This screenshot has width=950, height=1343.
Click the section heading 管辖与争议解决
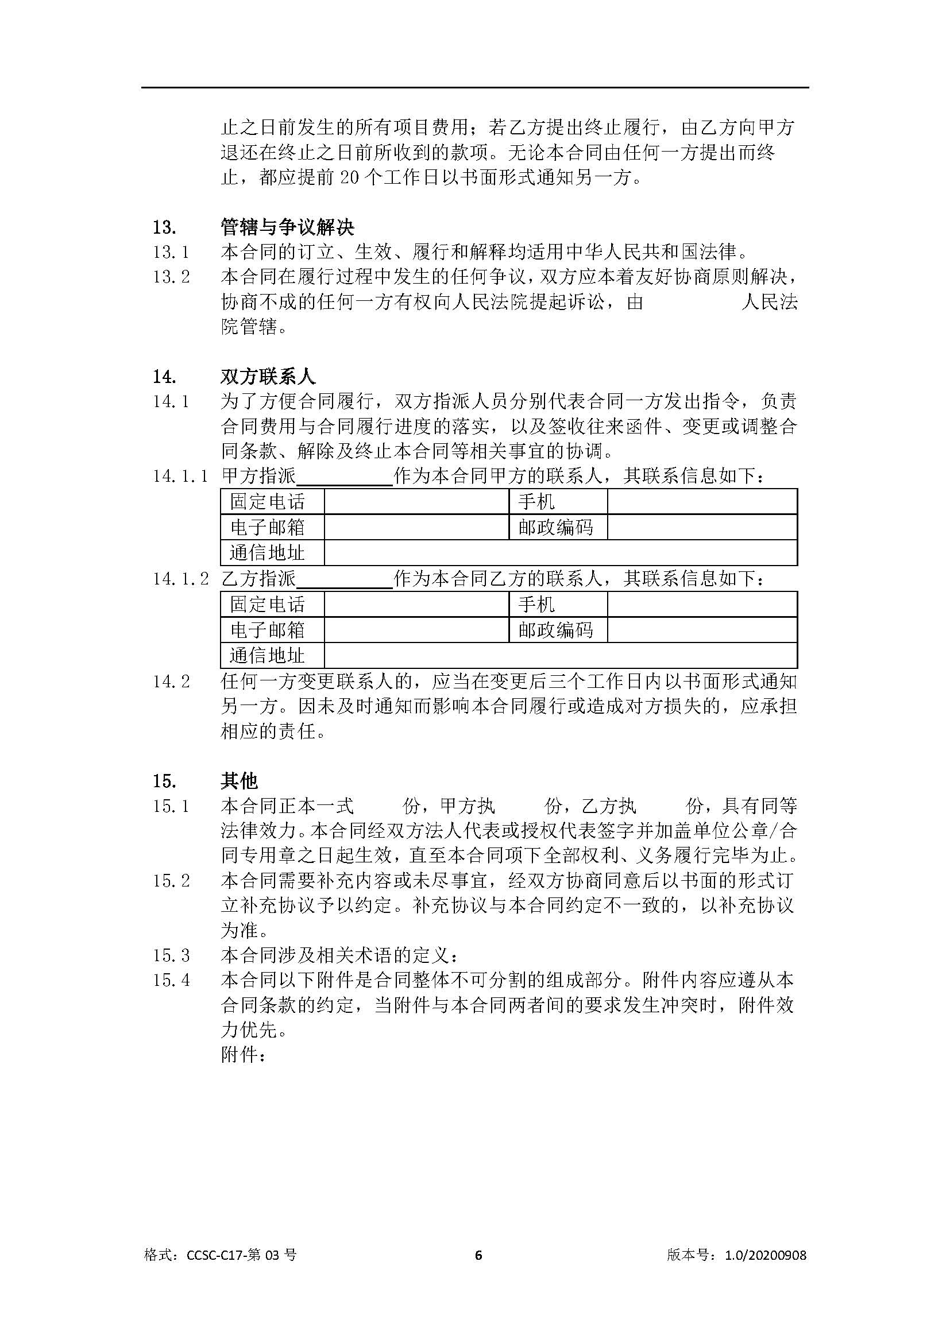(x=287, y=227)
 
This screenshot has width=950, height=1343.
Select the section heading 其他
(x=240, y=781)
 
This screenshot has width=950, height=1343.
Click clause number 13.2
(x=171, y=277)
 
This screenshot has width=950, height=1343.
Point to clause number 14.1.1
(x=180, y=476)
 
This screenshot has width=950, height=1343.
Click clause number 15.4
(x=171, y=980)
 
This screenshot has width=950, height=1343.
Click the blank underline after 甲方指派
(x=345, y=477)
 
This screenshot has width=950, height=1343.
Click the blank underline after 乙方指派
(x=345, y=580)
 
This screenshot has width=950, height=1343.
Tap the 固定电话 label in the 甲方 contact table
(x=267, y=502)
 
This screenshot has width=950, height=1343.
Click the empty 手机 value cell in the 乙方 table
(x=702, y=604)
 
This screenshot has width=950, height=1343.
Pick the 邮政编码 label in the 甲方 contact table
(x=556, y=528)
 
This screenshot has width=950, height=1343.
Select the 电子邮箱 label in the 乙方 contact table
(x=267, y=630)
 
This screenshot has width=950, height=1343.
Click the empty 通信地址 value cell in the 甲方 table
(x=561, y=553)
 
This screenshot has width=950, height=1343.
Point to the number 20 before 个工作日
(x=349, y=177)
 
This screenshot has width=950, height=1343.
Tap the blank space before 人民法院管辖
(x=692, y=303)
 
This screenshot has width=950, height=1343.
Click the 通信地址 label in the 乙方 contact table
(x=267, y=656)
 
